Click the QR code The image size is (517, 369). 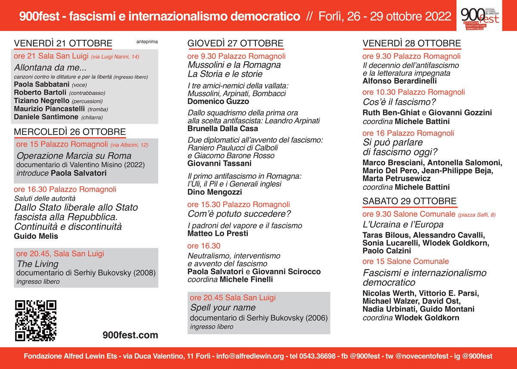point(36,320)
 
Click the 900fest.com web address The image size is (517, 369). point(131,335)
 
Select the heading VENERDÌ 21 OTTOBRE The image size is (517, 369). point(63,43)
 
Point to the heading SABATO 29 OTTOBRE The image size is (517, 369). point(409,201)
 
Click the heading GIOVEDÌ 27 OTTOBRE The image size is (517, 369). point(235,43)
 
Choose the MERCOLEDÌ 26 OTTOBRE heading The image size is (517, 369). point(70,131)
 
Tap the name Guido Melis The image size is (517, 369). point(36,236)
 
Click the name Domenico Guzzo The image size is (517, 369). point(218,102)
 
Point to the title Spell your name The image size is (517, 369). point(223,308)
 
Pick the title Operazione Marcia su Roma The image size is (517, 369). point(74,156)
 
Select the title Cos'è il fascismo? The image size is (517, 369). point(399,102)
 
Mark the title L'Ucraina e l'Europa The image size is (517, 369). point(403,225)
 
